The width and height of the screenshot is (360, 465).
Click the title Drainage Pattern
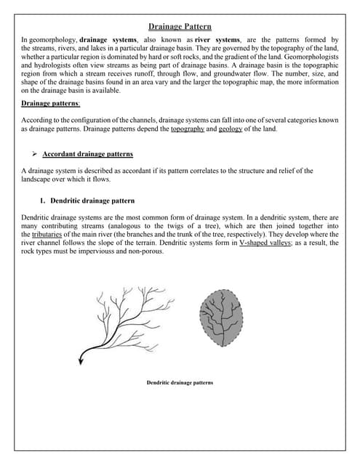180,26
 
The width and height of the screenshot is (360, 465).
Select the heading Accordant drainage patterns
88,154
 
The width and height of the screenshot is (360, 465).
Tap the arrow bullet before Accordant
34,154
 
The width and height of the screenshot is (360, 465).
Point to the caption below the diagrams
180,382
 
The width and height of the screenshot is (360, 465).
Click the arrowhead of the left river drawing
82,354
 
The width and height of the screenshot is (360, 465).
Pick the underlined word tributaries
37,235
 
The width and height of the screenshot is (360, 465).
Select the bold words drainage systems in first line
108,39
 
